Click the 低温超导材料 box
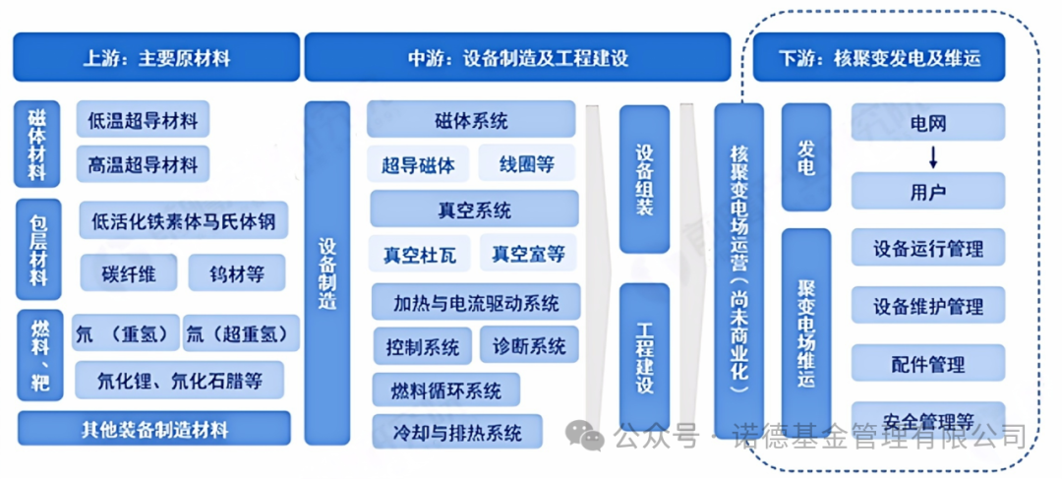click(143, 120)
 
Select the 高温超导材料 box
click(143, 164)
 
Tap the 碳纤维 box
click(129, 273)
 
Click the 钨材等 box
click(236, 273)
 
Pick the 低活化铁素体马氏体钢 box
click(184, 220)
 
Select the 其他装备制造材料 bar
click(154, 428)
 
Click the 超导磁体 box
click(418, 164)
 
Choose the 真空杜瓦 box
click(419, 254)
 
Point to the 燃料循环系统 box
click(446, 390)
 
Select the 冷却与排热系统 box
click(457, 432)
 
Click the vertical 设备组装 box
click(644, 179)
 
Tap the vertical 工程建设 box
click(644, 356)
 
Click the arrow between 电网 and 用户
click(932, 156)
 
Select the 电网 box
click(928, 122)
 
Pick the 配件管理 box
click(928, 364)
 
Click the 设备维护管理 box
click(928, 306)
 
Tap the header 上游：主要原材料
click(156, 57)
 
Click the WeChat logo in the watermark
click(584, 435)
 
